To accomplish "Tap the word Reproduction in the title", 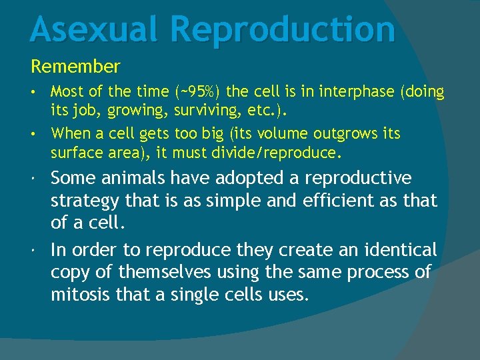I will (x=283, y=30).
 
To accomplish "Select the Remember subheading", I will (x=75, y=67).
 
